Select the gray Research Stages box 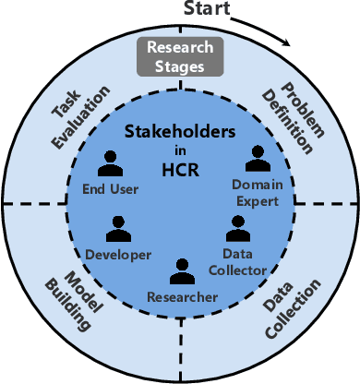(180, 56)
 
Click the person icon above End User (110, 164)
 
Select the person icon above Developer (117, 229)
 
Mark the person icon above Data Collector (237, 228)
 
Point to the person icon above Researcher (182, 270)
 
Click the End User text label (110, 190)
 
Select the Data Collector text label (244, 260)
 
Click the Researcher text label (182, 296)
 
